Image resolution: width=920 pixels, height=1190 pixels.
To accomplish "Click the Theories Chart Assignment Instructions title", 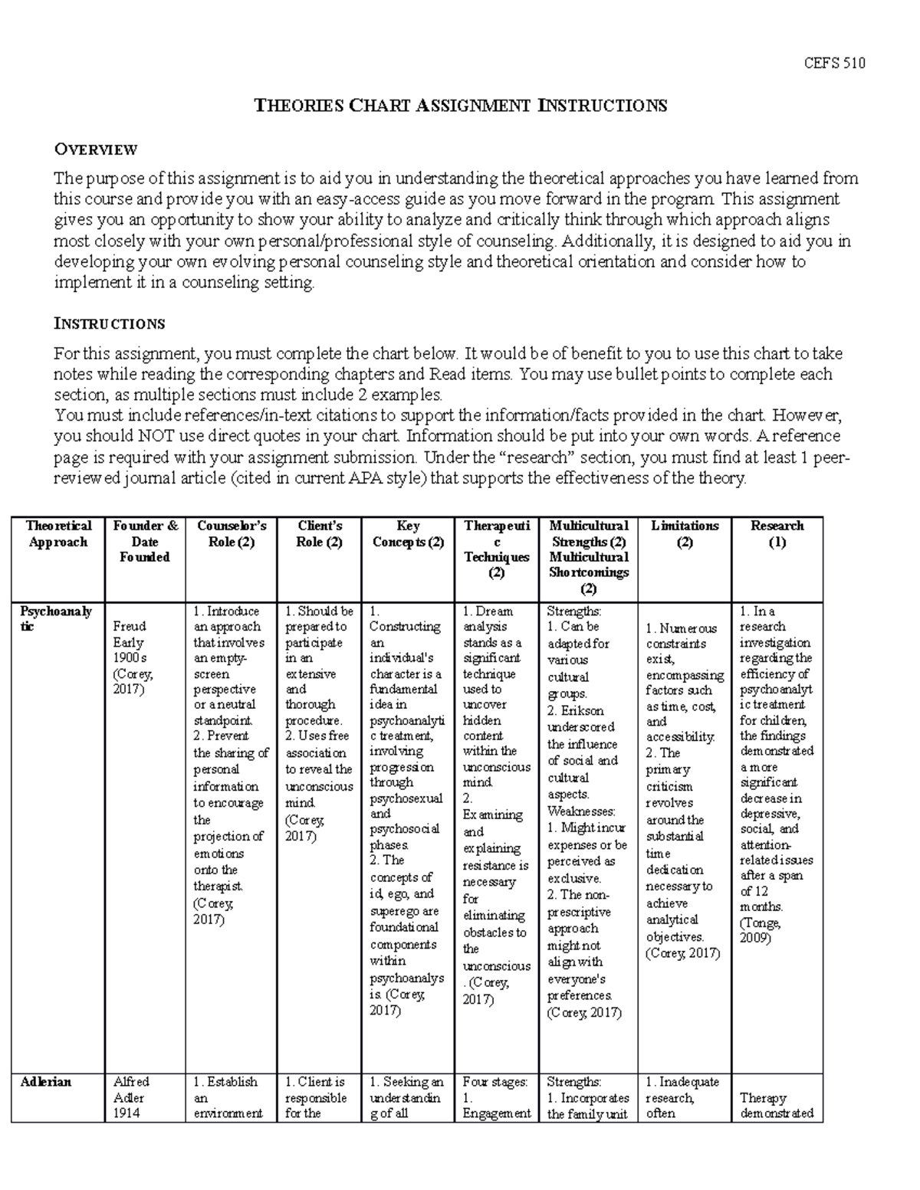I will point(460,106).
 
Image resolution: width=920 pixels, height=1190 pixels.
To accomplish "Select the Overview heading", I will point(95,149).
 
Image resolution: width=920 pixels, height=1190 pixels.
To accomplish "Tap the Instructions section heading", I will point(109,323).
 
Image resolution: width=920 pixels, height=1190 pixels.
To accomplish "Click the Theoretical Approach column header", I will point(58,533).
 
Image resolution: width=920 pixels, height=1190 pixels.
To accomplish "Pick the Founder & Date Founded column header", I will point(145,541).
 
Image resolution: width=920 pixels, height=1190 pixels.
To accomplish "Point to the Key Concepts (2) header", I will point(408,533).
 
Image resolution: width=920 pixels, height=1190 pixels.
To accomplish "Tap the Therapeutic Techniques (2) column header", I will point(496,549).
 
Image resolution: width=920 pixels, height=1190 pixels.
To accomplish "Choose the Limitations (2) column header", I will point(685,533).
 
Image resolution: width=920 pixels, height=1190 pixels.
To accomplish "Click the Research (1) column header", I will point(777,533).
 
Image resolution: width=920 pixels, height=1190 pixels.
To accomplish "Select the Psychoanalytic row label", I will point(56,618).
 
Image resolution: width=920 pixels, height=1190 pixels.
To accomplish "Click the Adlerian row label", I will point(46,1081).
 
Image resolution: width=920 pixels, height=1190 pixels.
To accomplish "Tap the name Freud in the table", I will point(129,626).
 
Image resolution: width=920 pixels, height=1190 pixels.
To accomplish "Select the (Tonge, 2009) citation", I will point(760,930).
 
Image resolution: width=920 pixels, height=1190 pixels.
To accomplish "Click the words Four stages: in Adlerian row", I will point(495,1081).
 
